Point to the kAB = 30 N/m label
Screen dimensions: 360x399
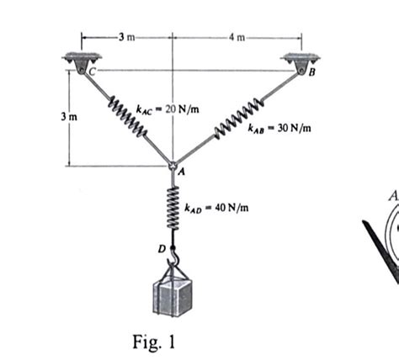click(x=279, y=129)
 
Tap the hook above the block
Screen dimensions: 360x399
click(x=173, y=252)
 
